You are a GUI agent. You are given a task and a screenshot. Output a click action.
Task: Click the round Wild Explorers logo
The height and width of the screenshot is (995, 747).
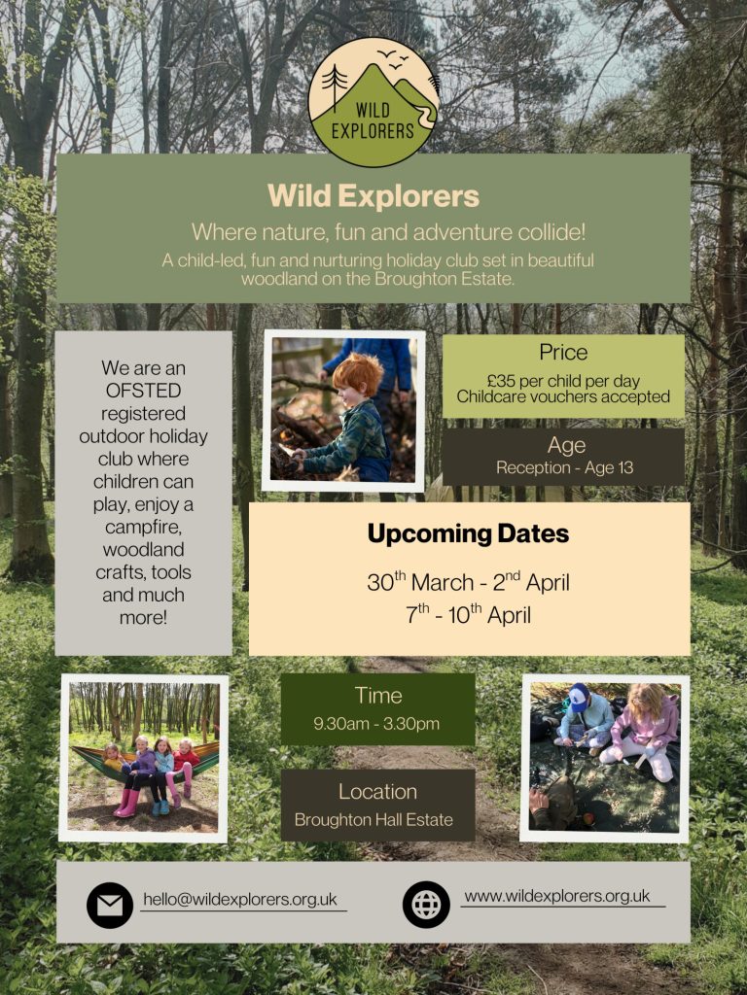(x=373, y=102)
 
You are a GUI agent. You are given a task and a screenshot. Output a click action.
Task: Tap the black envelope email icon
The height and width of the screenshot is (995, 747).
(x=110, y=905)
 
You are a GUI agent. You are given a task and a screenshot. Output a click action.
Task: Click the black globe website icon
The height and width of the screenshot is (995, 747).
(x=426, y=905)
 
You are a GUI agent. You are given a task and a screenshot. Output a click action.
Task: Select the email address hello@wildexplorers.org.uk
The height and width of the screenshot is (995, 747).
(x=240, y=899)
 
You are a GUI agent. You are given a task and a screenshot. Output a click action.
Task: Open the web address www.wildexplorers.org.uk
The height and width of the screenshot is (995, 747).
(x=557, y=896)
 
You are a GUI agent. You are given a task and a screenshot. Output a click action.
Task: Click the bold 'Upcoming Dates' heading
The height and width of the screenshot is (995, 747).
(x=468, y=533)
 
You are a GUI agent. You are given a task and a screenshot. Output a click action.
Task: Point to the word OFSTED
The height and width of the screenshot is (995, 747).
(x=144, y=391)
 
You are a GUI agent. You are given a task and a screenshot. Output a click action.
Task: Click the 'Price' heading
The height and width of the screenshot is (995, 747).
(x=563, y=352)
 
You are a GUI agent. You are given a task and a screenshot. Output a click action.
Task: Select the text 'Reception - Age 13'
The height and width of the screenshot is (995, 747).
(x=565, y=467)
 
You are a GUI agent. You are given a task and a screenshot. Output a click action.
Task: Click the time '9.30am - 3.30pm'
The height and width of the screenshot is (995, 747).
(x=376, y=723)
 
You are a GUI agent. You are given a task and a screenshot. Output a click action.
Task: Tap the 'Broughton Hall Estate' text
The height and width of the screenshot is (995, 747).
(x=373, y=819)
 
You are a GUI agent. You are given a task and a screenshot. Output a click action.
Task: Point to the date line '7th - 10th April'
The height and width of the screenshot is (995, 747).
(x=468, y=614)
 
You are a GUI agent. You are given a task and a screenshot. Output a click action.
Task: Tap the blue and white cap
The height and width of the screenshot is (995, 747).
(x=579, y=698)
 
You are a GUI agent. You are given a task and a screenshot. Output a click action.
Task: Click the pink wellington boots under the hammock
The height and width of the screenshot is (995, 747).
(x=127, y=803)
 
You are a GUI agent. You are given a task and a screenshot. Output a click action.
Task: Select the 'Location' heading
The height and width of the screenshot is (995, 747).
(x=378, y=791)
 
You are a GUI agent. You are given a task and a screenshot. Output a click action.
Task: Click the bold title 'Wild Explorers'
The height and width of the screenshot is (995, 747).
(x=373, y=195)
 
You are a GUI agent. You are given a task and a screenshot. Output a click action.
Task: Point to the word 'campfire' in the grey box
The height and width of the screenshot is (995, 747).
(x=143, y=528)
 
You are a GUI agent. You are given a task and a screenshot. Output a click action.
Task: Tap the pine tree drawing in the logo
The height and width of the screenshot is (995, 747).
(x=335, y=86)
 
